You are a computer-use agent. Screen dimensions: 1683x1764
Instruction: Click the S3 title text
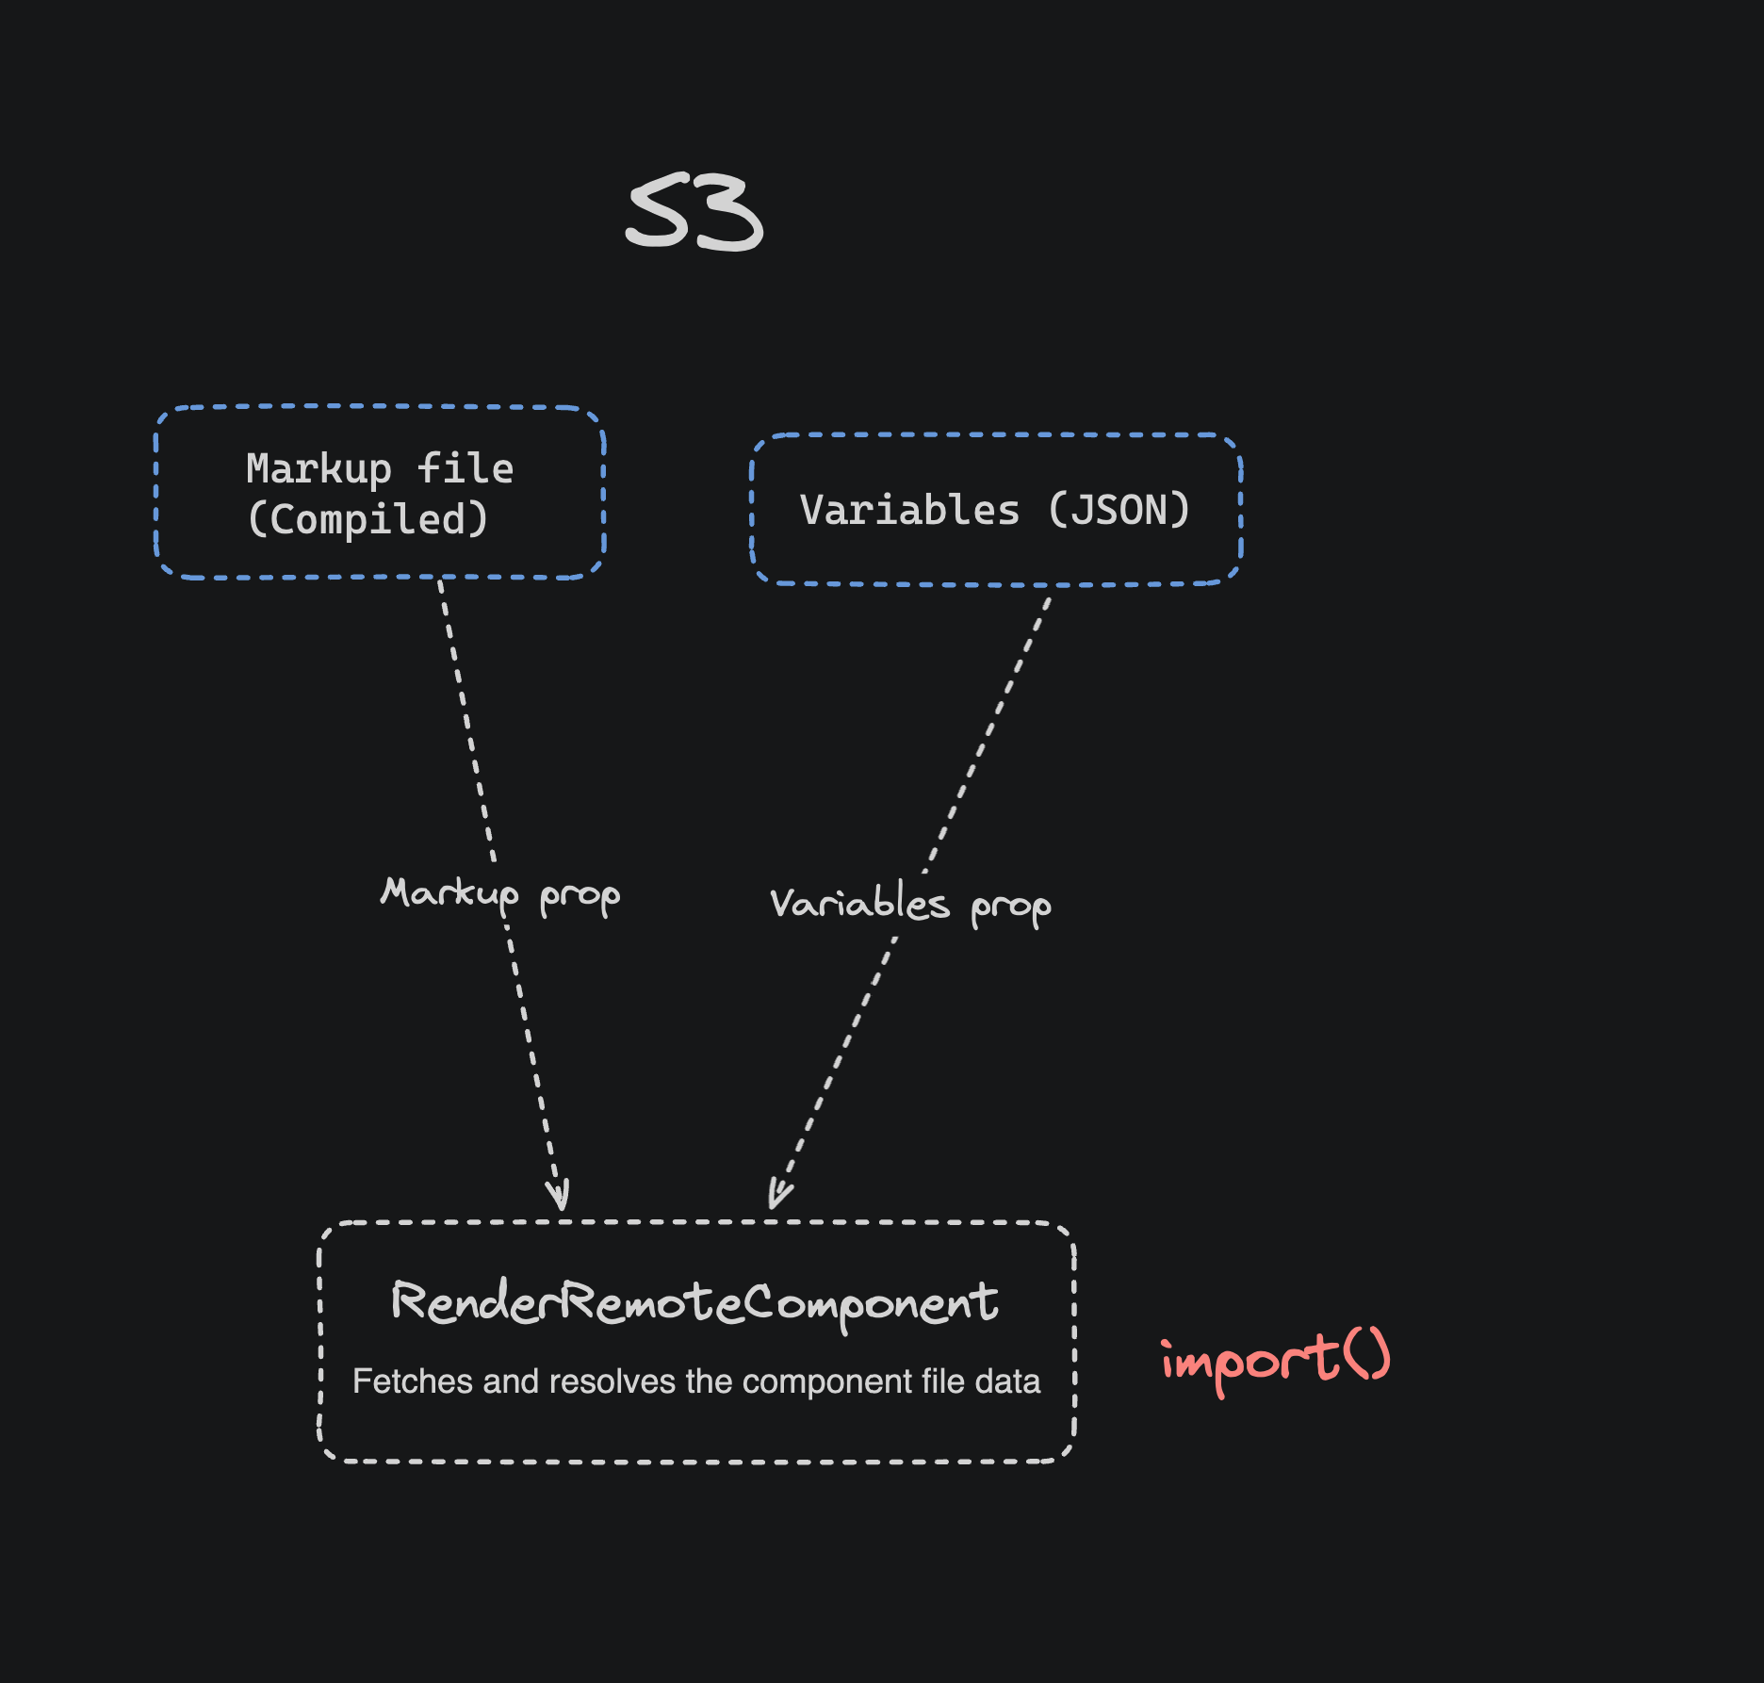click(694, 212)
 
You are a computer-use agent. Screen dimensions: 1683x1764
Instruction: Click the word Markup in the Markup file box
click(318, 468)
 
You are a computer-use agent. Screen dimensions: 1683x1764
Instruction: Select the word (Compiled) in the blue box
click(367, 519)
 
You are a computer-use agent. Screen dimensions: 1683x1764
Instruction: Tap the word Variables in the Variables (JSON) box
click(909, 510)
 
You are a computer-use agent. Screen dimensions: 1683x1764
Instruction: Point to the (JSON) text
click(1119, 510)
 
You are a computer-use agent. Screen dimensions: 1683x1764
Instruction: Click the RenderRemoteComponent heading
click(694, 1302)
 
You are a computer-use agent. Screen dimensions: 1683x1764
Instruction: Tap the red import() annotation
click(1275, 1360)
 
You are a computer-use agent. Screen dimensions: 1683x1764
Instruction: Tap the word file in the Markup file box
click(465, 468)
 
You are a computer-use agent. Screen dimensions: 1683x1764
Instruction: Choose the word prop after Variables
click(1010, 907)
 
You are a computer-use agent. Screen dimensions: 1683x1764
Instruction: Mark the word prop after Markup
click(580, 896)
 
